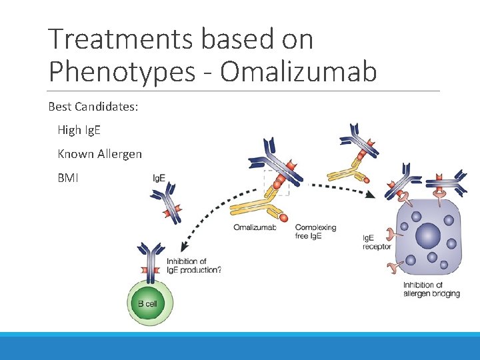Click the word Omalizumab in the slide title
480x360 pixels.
298,72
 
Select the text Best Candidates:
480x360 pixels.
93,107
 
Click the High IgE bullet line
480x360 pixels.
79,130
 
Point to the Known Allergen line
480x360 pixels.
100,154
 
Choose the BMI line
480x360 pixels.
68,178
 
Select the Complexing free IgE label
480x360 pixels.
315,231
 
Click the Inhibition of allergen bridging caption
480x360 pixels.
431,289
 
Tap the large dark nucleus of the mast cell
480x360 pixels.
429,235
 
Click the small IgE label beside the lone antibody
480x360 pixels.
159,179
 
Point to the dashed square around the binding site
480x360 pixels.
277,182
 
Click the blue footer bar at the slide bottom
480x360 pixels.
240,347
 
